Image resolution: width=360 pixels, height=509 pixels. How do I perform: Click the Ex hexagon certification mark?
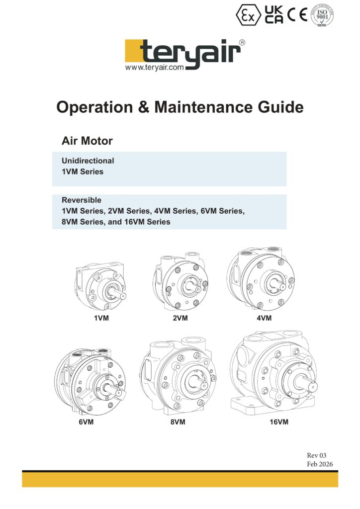(248, 15)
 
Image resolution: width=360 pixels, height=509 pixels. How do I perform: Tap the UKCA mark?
(273, 14)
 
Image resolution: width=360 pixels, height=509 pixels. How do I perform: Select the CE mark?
(297, 14)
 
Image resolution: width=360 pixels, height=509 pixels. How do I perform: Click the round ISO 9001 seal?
(322, 15)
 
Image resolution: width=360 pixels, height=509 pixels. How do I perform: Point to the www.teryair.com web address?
(155, 68)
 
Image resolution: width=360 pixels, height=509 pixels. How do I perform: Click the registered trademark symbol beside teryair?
(242, 43)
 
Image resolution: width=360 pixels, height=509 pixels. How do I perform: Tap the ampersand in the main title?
(144, 107)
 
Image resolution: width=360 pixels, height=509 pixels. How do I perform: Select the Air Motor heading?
(87, 141)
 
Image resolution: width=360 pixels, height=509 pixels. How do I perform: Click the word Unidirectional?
(88, 161)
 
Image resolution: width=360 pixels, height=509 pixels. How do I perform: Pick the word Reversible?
(82, 200)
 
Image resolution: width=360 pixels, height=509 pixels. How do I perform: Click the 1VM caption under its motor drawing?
(101, 318)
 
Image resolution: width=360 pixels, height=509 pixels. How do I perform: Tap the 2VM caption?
(180, 318)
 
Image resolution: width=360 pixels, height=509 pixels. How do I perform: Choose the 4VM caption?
(264, 318)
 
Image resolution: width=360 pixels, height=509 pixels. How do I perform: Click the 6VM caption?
(86, 422)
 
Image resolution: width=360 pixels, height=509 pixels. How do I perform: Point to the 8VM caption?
(178, 422)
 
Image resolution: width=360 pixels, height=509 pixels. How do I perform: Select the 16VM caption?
(279, 422)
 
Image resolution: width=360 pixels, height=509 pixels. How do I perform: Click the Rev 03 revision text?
(317, 455)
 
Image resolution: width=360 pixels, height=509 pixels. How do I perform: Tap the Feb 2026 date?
(320, 464)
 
